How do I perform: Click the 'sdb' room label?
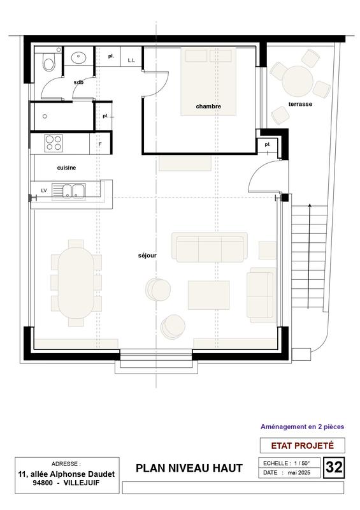pyautogui.click(x=78, y=82)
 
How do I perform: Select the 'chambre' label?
pyautogui.click(x=208, y=106)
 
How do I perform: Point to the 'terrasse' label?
pyautogui.click(x=299, y=103)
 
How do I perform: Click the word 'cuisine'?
pyautogui.click(x=67, y=168)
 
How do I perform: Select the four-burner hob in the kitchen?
pyautogui.click(x=54, y=142)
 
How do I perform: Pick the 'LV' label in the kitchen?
pyautogui.click(x=44, y=190)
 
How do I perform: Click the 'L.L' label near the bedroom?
pyautogui.click(x=131, y=60)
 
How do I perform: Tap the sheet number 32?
pyautogui.click(x=334, y=467)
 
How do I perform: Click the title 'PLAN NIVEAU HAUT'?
pyautogui.click(x=189, y=469)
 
